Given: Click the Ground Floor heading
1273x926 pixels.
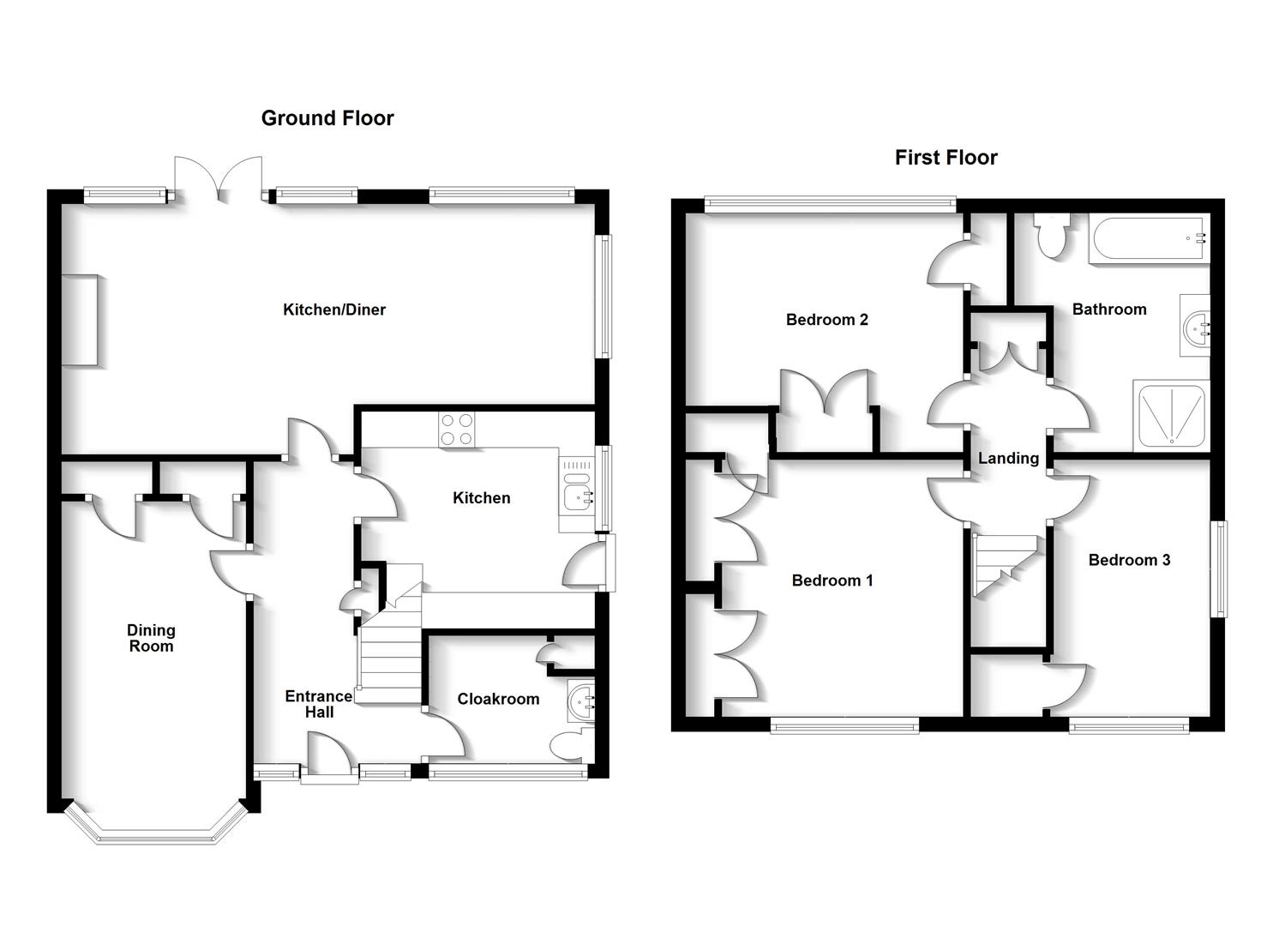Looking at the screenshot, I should coord(327,118).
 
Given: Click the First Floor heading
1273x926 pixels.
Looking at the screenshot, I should coord(946,158).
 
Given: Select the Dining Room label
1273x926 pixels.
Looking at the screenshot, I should coord(151,639).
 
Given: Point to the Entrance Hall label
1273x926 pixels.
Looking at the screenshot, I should coord(318,704).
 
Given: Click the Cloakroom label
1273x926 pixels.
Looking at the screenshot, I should coord(498,699).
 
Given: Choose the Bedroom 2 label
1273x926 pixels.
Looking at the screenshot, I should coord(826,320).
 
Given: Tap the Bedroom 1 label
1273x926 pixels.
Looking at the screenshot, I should coord(832,580).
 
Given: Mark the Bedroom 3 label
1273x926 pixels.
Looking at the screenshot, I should coord(1128,560).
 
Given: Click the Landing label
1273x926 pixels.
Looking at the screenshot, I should coord(1008,458).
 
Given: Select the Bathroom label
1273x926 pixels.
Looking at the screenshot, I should coord(1108,310).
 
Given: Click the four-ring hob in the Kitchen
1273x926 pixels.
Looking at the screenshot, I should coord(457,430).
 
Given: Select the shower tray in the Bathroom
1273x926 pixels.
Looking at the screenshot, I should coord(1169,416).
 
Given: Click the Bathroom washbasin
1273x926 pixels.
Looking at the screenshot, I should coord(1195,325).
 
